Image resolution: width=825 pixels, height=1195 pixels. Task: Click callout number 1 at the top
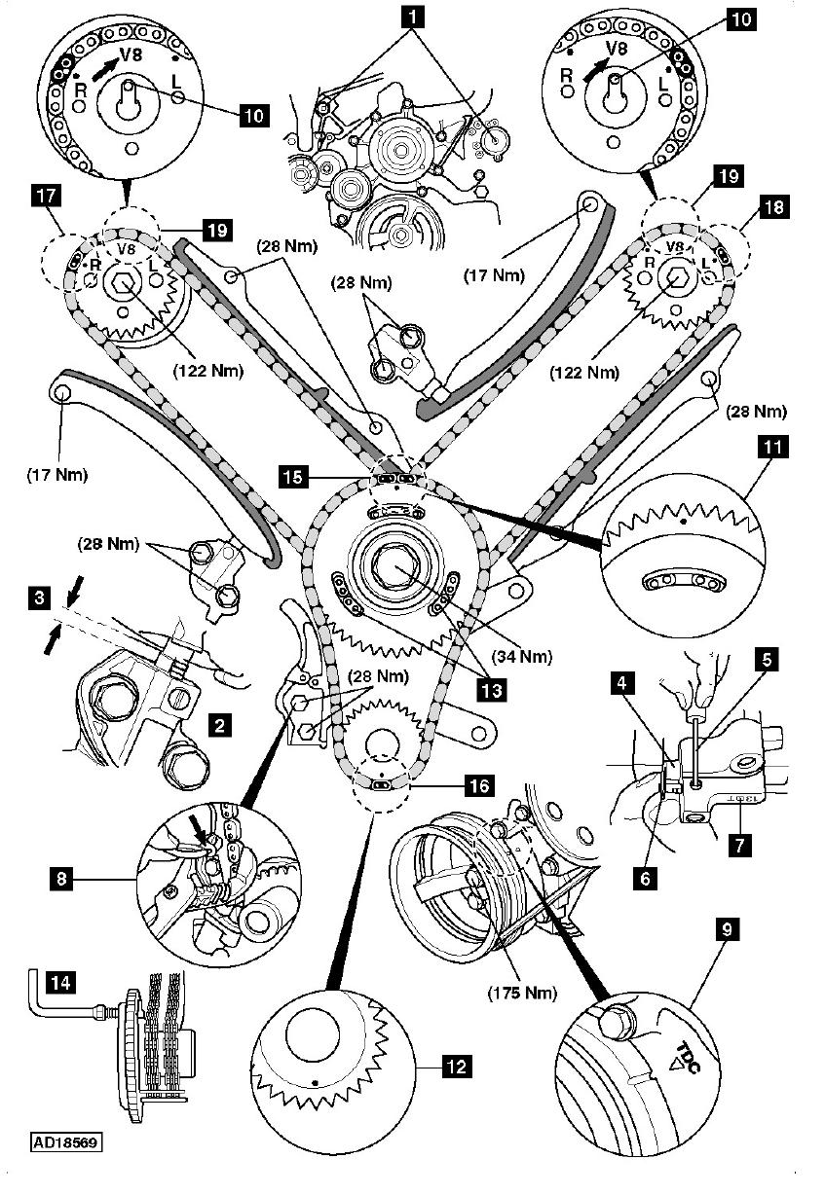[414, 16]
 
